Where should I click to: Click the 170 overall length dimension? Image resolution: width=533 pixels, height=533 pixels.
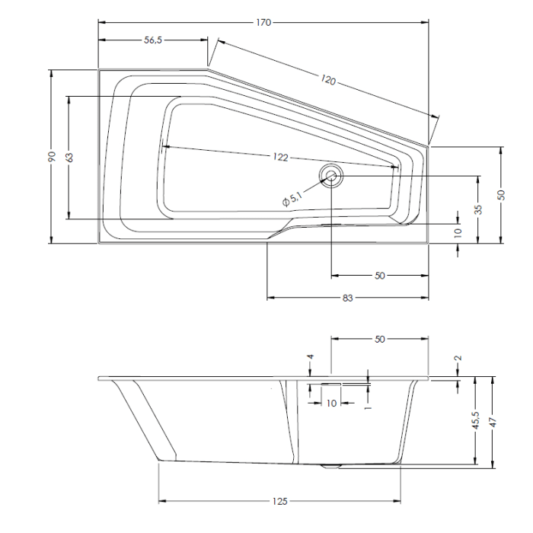pos(263,22)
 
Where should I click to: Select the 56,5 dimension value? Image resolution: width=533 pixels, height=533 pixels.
pos(152,40)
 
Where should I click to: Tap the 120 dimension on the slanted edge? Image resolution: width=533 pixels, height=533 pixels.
pos(328,80)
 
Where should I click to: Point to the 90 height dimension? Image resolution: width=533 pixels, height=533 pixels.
pos(52,156)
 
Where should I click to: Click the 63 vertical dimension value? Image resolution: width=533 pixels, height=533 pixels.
pos(69,158)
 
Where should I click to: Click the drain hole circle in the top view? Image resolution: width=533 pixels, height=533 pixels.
pos(331,176)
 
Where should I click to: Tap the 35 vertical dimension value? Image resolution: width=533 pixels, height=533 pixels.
pos(479,210)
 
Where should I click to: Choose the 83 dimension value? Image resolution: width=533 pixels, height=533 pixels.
pos(348,298)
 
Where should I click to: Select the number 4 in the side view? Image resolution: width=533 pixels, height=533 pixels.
pos(311,358)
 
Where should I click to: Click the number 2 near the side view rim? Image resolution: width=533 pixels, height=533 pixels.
pos(458,359)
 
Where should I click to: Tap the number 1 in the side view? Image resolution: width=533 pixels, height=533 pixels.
pos(368,407)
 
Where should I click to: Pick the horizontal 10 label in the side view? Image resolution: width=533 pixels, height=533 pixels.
pos(331,404)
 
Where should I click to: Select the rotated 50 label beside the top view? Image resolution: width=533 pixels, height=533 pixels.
pos(501,195)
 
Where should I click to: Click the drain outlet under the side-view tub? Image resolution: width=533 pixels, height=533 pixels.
pos(330,464)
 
